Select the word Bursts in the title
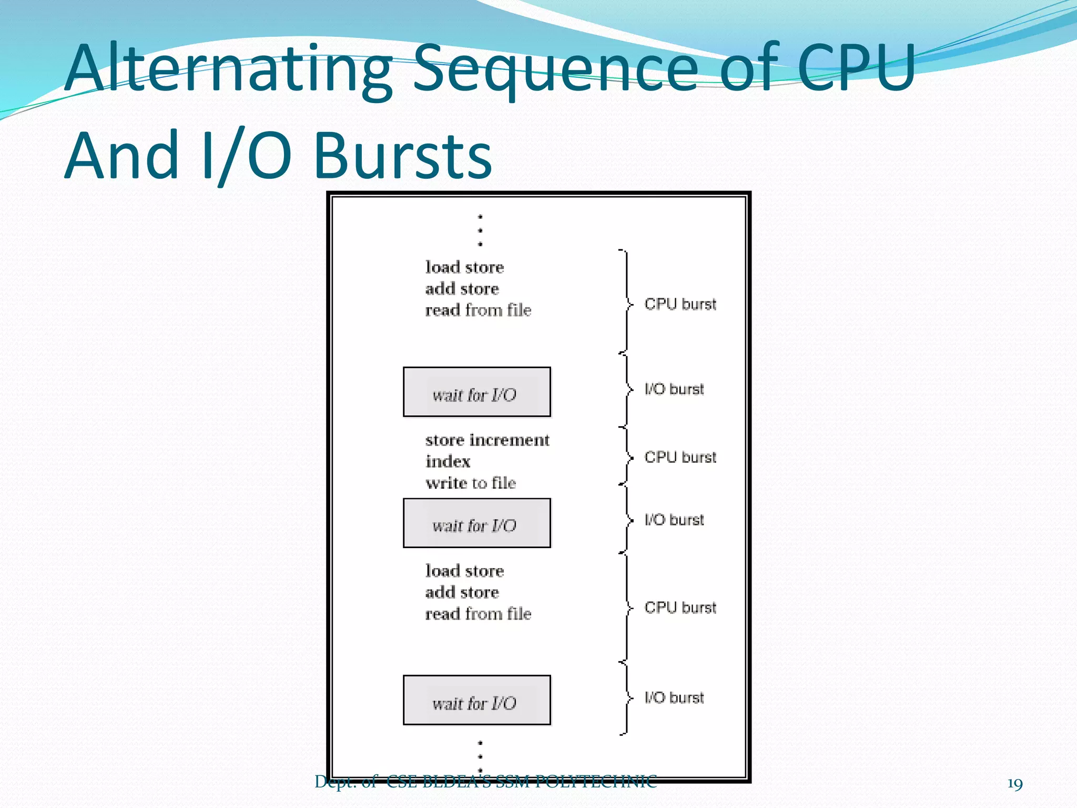tap(402, 156)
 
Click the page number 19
tap(1014, 784)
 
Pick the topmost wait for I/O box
tap(476, 392)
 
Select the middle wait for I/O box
tap(476, 523)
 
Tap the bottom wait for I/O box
tap(476, 701)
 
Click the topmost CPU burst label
tap(680, 304)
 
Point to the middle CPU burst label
tap(680, 457)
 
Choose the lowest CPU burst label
tap(680, 608)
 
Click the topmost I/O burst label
tap(674, 389)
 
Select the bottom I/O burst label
tap(674, 698)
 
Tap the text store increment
tap(487, 440)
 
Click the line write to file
tap(471, 483)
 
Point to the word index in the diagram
tap(448, 461)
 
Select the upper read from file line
tap(478, 310)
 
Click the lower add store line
tap(462, 592)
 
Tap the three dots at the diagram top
tap(480, 230)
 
